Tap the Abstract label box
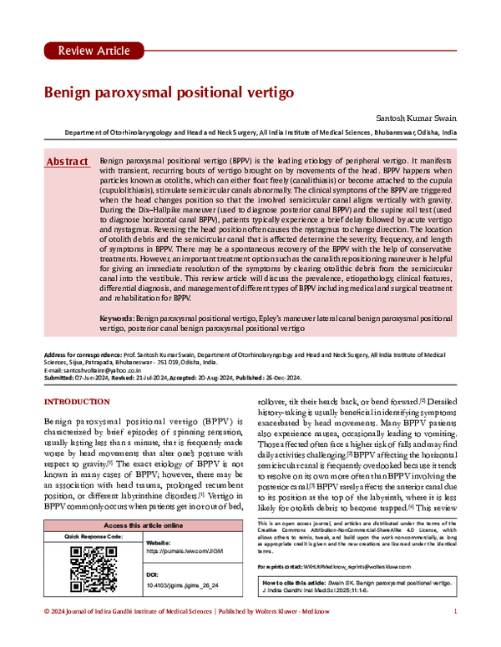68,160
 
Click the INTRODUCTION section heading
82,403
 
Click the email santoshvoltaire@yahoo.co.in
106,369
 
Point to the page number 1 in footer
455,636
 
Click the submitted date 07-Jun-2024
94,378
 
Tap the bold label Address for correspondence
80,354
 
